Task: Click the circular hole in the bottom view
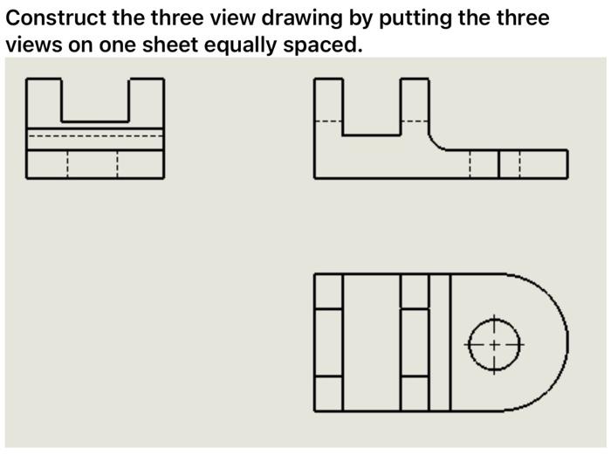[494, 343]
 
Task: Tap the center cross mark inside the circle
[494, 344]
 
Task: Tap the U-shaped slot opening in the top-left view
[95, 100]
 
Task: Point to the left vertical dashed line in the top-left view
[68, 164]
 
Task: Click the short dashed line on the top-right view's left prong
[327, 121]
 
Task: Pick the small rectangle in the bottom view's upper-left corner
[328, 291]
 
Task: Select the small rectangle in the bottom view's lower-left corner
[328, 393]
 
